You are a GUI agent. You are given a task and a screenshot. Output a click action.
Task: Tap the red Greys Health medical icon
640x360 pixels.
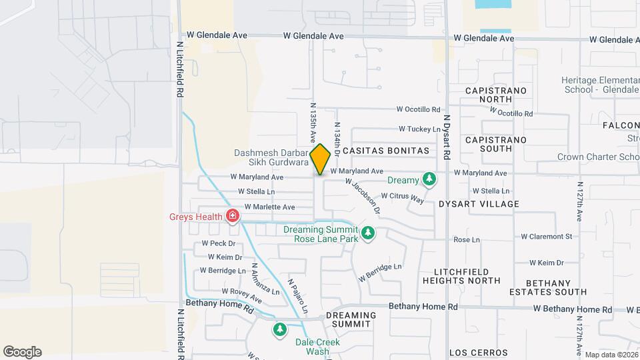point(233,216)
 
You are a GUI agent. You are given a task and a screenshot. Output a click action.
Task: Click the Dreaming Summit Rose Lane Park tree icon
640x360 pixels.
point(367,233)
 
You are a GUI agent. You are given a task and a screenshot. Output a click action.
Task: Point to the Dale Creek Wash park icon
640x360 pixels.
point(280,329)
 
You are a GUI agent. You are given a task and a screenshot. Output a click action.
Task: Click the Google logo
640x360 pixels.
point(22,352)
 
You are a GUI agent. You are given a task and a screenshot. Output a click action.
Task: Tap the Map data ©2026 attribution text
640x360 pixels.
point(611,355)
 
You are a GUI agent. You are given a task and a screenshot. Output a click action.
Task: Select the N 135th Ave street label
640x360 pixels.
point(311,123)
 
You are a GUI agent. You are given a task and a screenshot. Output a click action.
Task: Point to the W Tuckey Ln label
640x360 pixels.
point(420,129)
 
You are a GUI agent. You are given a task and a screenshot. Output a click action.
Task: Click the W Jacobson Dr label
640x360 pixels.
point(363,195)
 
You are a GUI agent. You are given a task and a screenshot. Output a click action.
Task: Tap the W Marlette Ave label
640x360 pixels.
point(267,207)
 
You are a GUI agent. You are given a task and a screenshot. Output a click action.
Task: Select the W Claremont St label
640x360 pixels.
point(546,236)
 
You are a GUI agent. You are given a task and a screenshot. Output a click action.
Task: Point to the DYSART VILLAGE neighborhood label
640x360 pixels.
point(479,203)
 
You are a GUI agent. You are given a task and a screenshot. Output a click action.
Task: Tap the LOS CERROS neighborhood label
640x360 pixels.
point(478,352)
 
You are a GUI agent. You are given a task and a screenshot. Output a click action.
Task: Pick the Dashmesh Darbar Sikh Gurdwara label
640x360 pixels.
point(271,157)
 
